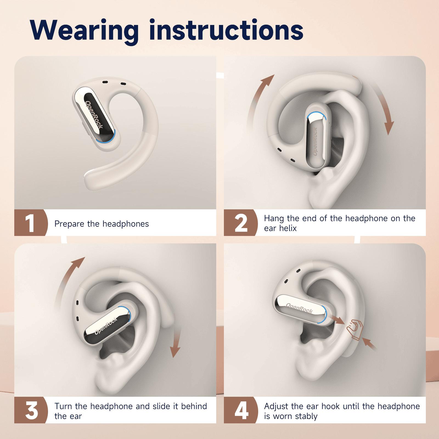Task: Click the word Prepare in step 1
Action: click(69, 224)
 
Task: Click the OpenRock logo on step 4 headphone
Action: click(299, 308)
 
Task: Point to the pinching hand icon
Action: click(355, 329)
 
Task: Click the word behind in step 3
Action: click(194, 406)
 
